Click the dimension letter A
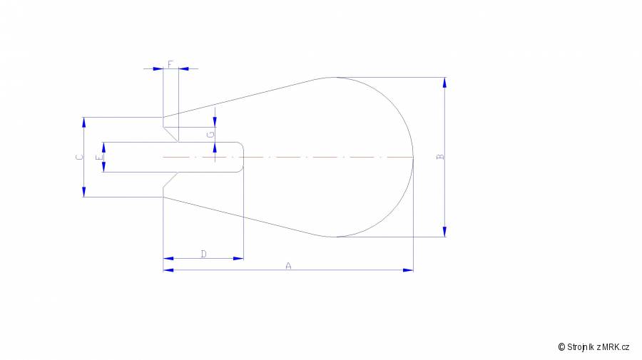coord(288,266)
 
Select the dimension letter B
coord(441,157)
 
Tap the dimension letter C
coord(79,157)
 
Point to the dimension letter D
coord(204,254)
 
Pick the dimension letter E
coord(99,158)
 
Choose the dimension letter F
coord(170,64)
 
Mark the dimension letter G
coord(211,134)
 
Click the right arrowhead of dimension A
coord(408,270)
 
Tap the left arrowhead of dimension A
coord(168,270)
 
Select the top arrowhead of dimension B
coord(444,83)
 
